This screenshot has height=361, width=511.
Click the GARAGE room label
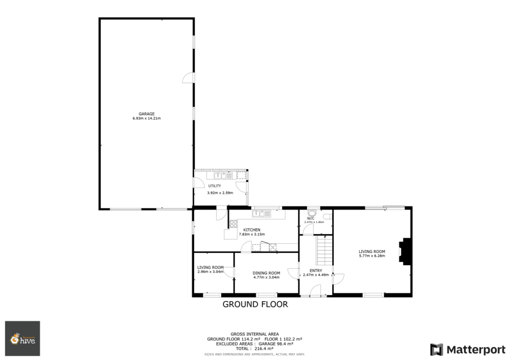click(x=146, y=114)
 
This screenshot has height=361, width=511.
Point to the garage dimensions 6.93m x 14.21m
click(x=146, y=119)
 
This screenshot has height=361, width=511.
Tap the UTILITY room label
click(x=215, y=186)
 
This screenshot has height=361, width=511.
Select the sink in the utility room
click(x=221, y=175)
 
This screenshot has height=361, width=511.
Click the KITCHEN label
click(x=252, y=230)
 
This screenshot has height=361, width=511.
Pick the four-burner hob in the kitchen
click(x=233, y=223)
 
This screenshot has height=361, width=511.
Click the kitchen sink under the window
click(x=261, y=214)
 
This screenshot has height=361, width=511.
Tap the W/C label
click(x=310, y=218)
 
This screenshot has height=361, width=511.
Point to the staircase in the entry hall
click(x=325, y=251)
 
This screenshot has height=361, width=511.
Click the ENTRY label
click(x=315, y=270)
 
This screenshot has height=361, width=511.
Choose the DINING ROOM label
click(x=266, y=273)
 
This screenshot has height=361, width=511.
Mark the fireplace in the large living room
click(x=403, y=250)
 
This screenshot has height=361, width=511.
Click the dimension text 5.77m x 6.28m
click(x=372, y=256)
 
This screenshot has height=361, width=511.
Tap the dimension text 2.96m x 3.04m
click(x=210, y=272)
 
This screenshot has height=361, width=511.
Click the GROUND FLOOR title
click(x=255, y=304)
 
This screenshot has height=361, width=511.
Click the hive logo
click(x=22, y=339)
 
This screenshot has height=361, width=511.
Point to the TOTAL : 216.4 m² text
click(x=255, y=348)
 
